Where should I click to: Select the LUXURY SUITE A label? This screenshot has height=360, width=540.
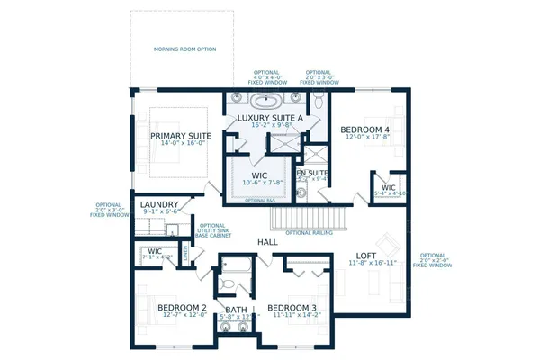271,118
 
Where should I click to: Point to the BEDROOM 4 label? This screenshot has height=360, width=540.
364,130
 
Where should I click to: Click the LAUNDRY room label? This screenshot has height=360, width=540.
159,205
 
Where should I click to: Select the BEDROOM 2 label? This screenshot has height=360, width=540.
183,308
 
